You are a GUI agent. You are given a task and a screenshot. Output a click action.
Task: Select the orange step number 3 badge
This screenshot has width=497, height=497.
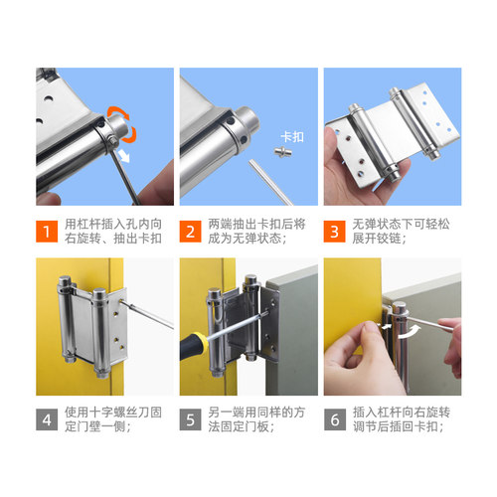337,231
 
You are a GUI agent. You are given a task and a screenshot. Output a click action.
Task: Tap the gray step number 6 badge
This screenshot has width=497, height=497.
337,418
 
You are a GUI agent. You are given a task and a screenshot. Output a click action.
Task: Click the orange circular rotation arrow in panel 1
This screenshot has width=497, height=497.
128,119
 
